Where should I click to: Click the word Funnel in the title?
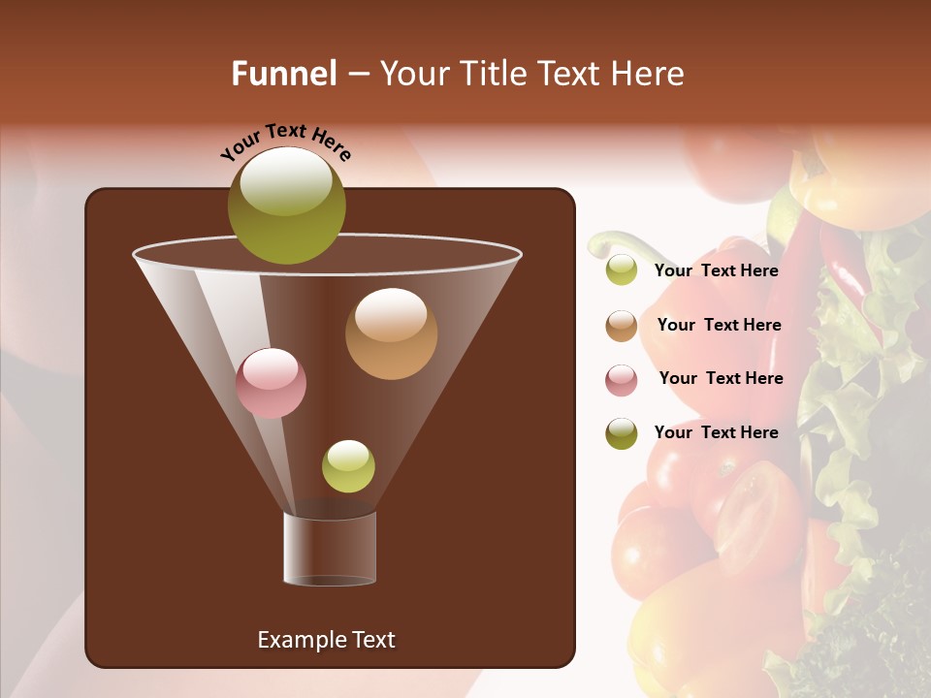(x=284, y=74)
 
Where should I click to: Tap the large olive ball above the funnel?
(x=287, y=206)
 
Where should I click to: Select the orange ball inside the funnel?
(x=391, y=333)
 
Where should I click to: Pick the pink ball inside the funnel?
(x=271, y=383)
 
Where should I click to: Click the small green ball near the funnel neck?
(x=348, y=465)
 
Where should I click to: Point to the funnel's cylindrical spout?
(x=330, y=549)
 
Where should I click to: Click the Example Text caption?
(x=326, y=640)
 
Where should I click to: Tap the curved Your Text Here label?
(x=286, y=142)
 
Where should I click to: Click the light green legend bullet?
(x=622, y=270)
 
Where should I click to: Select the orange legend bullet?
(x=622, y=326)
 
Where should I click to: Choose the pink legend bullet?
(x=622, y=379)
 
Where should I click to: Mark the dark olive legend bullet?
(x=622, y=433)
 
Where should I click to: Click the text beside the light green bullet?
(x=716, y=270)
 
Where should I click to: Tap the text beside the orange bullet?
(x=719, y=325)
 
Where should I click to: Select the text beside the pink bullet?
(x=721, y=378)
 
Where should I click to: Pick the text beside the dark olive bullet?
(x=716, y=432)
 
